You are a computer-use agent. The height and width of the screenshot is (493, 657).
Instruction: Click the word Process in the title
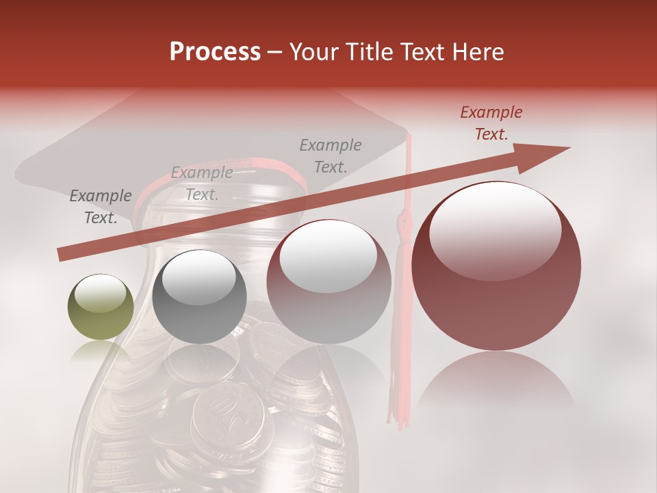[215, 52]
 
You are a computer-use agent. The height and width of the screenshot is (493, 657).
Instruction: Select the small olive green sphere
[101, 307]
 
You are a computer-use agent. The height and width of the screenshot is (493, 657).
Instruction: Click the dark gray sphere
[199, 298]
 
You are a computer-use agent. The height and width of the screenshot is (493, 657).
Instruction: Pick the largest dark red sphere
[496, 267]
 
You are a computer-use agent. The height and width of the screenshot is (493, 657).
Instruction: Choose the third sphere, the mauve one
[328, 282]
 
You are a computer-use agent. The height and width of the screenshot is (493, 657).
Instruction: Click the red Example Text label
[491, 123]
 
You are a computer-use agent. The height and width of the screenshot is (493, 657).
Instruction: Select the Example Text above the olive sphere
[100, 207]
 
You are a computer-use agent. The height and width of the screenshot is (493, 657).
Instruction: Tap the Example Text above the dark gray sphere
[201, 184]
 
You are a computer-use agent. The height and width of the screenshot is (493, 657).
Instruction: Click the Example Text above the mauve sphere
[331, 155]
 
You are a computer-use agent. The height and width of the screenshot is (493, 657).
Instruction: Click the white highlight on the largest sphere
[495, 229]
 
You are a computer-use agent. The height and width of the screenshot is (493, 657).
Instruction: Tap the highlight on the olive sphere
[100, 292]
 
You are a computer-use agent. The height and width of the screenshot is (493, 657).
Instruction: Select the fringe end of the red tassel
[397, 411]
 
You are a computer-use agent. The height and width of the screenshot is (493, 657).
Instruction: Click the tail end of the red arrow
[62, 255]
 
